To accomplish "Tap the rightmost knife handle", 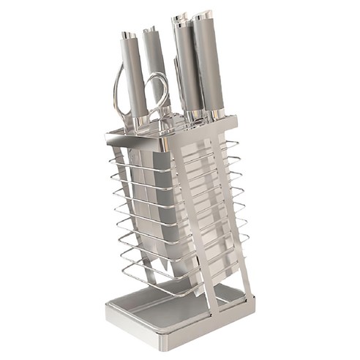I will tap(211, 62).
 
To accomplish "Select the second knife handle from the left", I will tap(156, 70).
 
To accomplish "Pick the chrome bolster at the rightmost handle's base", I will tap(216, 113).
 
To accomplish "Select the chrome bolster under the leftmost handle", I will tap(139, 120).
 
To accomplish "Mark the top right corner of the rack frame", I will tap(235, 119).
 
